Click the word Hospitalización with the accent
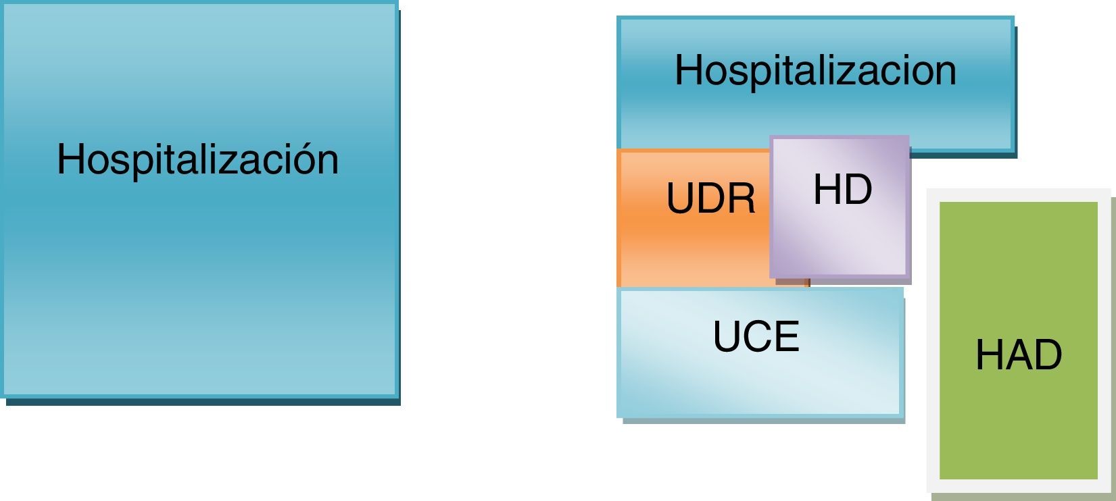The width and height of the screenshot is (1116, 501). click(197, 160)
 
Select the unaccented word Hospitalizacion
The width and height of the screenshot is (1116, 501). click(815, 70)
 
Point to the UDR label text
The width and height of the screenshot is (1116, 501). click(710, 199)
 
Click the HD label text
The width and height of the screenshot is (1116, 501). click(842, 190)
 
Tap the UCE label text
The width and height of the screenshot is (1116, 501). click(756, 337)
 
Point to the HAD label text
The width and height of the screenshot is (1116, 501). click(1019, 355)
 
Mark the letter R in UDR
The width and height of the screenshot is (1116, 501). click(742, 199)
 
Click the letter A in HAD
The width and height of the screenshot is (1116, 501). click(1018, 355)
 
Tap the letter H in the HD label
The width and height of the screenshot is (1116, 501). click(827, 190)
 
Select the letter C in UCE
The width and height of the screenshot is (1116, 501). click(756, 337)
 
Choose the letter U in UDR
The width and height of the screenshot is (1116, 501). click(679, 199)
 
